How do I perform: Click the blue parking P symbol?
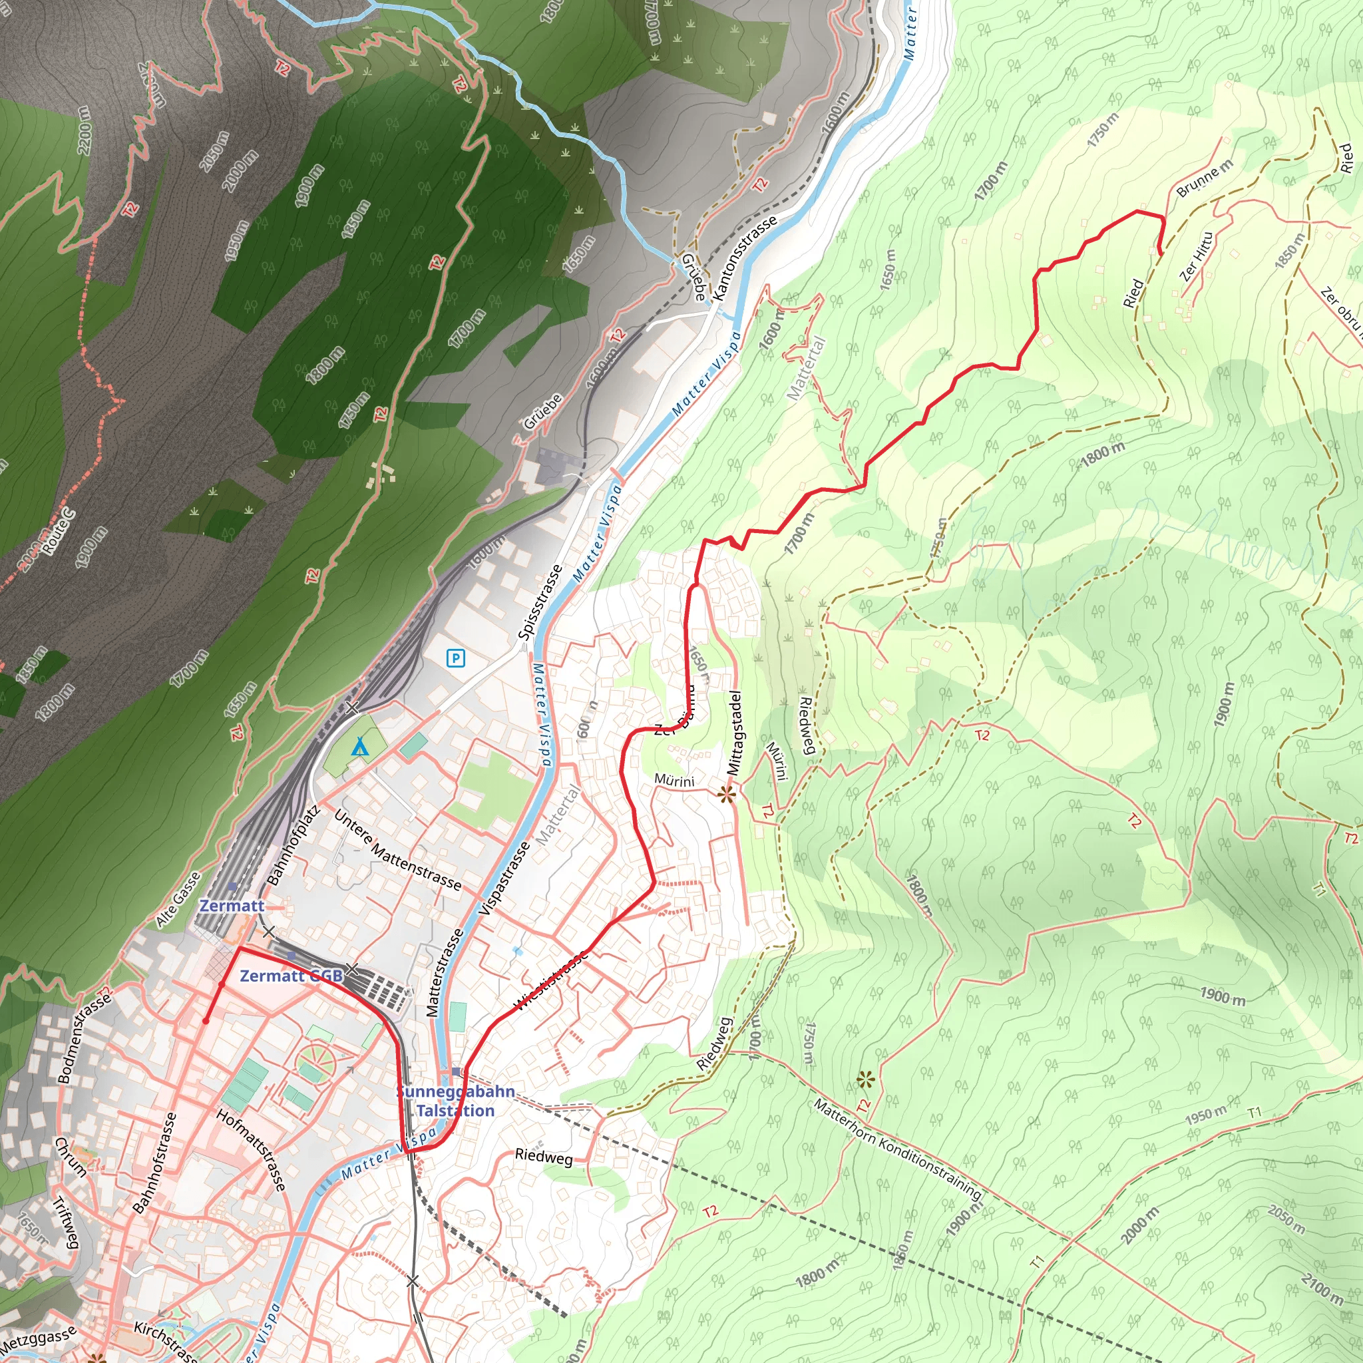456,659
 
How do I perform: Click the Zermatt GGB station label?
292,976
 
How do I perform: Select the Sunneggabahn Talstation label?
455,1101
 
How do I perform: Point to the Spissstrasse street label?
540,602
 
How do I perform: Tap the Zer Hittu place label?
1197,257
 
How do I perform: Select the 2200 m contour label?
84,130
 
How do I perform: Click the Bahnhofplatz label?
293,845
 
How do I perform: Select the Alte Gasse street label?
178,900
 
